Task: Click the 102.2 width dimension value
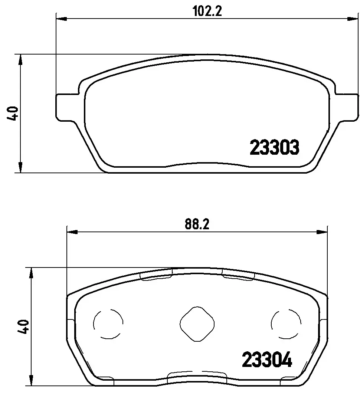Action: (x=207, y=11)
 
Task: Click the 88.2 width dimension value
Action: (x=197, y=224)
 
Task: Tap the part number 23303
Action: (x=275, y=147)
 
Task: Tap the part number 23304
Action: (x=267, y=359)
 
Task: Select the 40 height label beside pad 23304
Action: (x=23, y=326)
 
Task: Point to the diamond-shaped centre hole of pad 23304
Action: (x=197, y=324)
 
